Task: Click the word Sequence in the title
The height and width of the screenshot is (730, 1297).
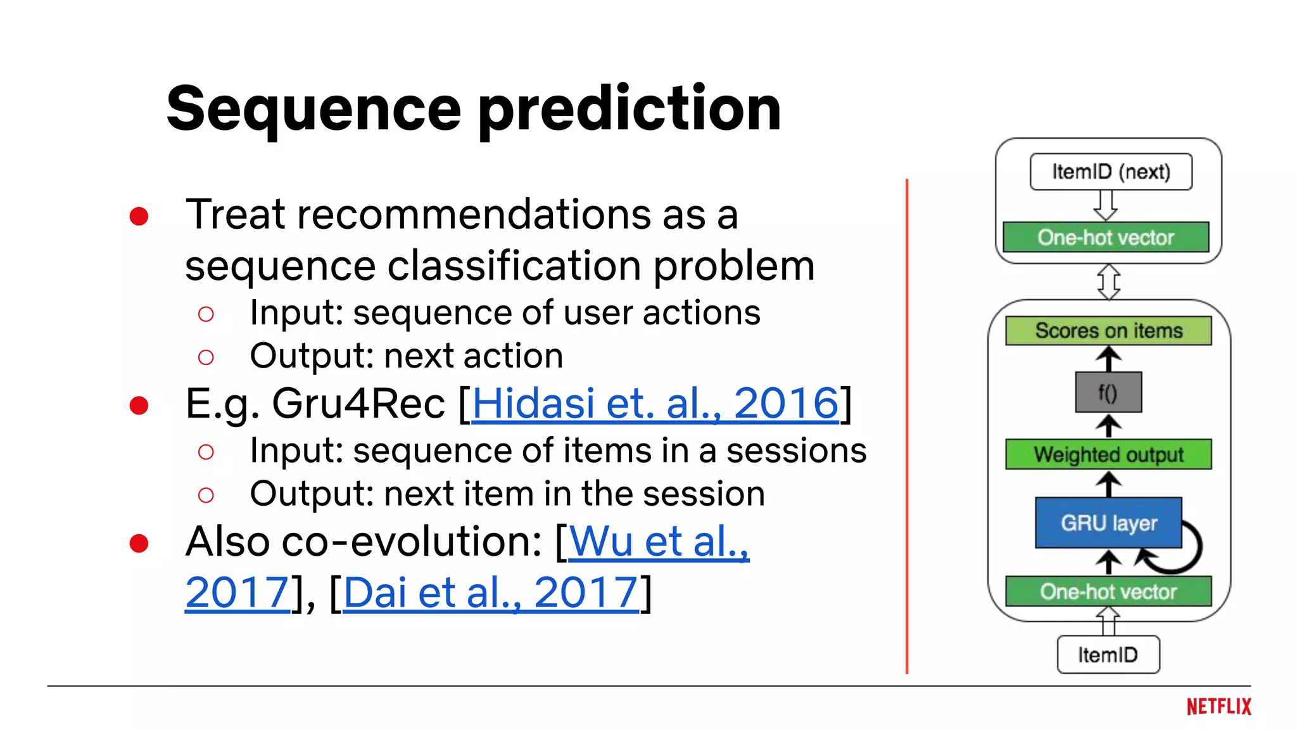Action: point(313,109)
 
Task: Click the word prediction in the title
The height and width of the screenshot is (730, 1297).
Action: point(630,109)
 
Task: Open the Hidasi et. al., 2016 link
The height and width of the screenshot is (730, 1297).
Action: point(655,403)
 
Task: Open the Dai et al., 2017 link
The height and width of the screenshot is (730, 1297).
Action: point(491,592)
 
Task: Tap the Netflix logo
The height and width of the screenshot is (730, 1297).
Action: point(1218,707)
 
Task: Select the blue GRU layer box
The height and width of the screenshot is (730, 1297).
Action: point(1108,523)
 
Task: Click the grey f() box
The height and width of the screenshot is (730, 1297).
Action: point(1108,393)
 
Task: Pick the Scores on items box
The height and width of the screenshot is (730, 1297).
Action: point(1108,331)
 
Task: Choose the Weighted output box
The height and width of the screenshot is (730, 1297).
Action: point(1108,454)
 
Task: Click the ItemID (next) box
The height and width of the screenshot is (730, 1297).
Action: point(1111,172)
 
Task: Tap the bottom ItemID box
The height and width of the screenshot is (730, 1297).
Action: point(1108,655)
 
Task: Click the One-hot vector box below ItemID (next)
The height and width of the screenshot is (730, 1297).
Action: point(1106,238)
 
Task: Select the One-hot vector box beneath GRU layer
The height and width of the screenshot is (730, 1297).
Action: point(1108,591)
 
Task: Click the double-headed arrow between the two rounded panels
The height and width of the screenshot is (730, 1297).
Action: point(1108,282)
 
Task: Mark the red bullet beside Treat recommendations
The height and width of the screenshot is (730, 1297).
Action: point(139,216)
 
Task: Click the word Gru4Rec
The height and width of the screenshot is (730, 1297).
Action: point(358,403)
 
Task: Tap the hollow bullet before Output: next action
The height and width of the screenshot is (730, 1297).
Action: point(206,357)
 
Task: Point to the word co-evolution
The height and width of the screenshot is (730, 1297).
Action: point(411,542)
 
